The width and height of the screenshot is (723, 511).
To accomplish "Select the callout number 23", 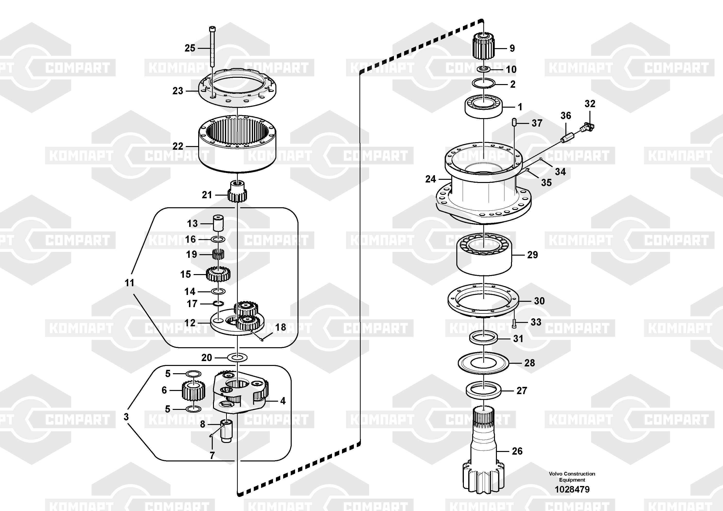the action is (178, 91).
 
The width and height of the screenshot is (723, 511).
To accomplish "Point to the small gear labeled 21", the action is (237, 191).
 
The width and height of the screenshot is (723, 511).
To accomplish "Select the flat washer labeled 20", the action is (237, 358).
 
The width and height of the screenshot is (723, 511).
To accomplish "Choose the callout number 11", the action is (129, 283).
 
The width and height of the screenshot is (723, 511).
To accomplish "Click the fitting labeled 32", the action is (587, 128).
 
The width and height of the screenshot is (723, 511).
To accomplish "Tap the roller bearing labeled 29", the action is (484, 254).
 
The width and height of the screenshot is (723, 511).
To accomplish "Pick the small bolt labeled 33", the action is (514, 323).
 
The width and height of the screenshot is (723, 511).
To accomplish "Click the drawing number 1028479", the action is (572, 489).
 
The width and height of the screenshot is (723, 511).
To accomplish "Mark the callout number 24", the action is (430, 179).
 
